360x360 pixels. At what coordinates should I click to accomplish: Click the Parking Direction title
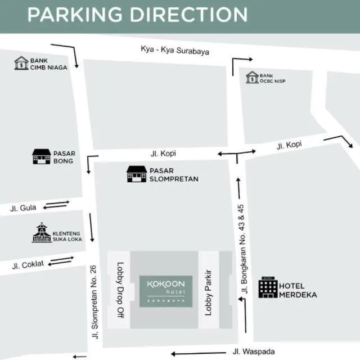click(x=137, y=15)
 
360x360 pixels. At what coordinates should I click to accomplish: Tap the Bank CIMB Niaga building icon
click(x=21, y=62)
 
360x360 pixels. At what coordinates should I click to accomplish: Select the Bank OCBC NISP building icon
click(x=252, y=77)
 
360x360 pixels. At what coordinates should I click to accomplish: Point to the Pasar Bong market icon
click(x=41, y=156)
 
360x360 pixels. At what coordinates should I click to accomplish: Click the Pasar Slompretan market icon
click(x=136, y=174)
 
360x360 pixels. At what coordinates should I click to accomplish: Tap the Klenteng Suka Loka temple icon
click(x=42, y=233)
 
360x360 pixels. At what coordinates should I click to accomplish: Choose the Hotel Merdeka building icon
click(x=268, y=288)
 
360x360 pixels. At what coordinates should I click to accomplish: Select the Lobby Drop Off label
click(x=119, y=291)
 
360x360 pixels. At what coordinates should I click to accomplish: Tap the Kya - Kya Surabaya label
click(x=175, y=50)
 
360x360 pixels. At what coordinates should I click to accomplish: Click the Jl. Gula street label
click(x=23, y=208)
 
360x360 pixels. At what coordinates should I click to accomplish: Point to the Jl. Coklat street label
click(x=26, y=264)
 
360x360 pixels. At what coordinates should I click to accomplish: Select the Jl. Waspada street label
click(x=254, y=352)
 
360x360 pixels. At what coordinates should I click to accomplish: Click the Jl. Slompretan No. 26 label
click(x=94, y=298)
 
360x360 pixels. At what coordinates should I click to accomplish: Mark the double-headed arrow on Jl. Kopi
click(x=237, y=152)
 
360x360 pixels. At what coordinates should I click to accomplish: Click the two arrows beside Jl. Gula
click(x=56, y=204)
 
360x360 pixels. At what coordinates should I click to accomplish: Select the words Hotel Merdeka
click(x=298, y=290)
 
